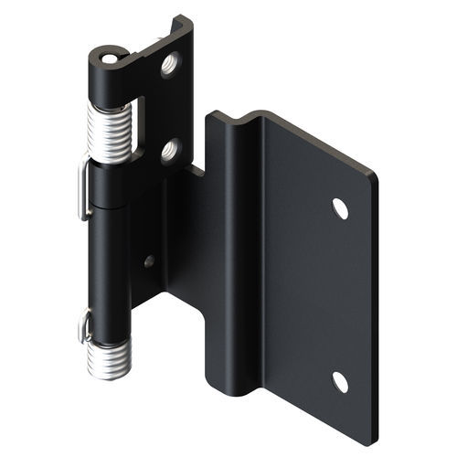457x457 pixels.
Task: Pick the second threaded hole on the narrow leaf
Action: [x=170, y=150]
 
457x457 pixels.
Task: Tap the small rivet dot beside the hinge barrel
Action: [x=149, y=261]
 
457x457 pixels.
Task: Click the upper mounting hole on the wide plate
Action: [x=340, y=208]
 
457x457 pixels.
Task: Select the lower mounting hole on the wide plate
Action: [x=340, y=382]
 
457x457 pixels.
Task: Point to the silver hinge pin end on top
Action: [x=112, y=58]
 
